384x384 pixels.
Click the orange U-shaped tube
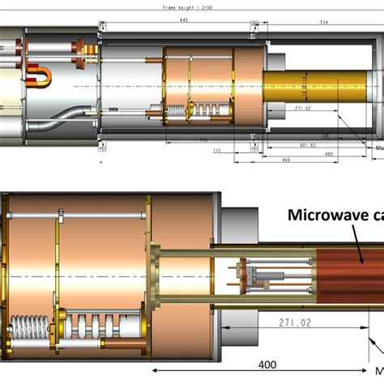(x=39, y=77)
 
